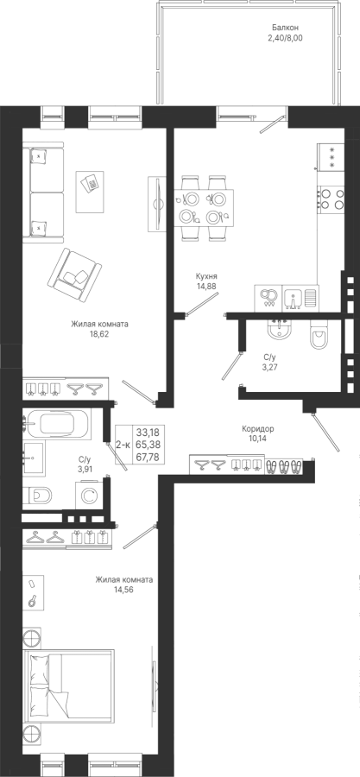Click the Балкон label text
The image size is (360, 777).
tap(285, 28)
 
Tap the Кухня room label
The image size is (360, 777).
tap(206, 276)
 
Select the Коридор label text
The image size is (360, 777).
tap(257, 428)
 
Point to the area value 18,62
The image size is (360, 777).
tap(99, 333)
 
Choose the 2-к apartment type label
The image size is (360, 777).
tap(123, 445)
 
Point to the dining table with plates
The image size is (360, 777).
tap(204, 207)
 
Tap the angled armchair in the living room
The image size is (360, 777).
tap(74, 275)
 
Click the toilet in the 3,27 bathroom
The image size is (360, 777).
tap(317, 334)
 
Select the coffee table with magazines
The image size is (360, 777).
tap(90, 192)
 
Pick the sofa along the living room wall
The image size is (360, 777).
tap(43, 193)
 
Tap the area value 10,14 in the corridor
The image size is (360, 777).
tap(257, 438)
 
